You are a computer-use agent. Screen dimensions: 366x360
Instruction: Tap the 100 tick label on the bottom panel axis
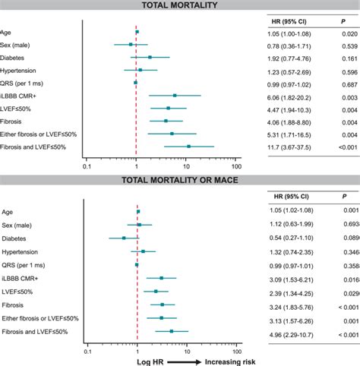[236, 352]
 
